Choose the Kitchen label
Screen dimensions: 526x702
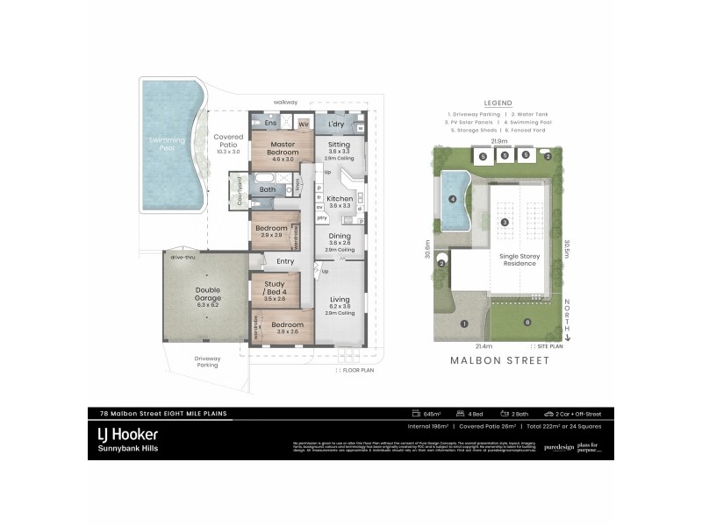339,199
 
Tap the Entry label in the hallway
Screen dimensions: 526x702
285,260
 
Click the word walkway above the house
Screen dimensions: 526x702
286,101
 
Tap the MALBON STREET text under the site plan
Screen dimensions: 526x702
498,359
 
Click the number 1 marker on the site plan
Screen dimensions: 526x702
463,323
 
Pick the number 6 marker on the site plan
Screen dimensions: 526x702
527,323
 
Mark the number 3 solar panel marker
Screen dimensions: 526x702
505,223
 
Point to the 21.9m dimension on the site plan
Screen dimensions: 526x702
499,140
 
